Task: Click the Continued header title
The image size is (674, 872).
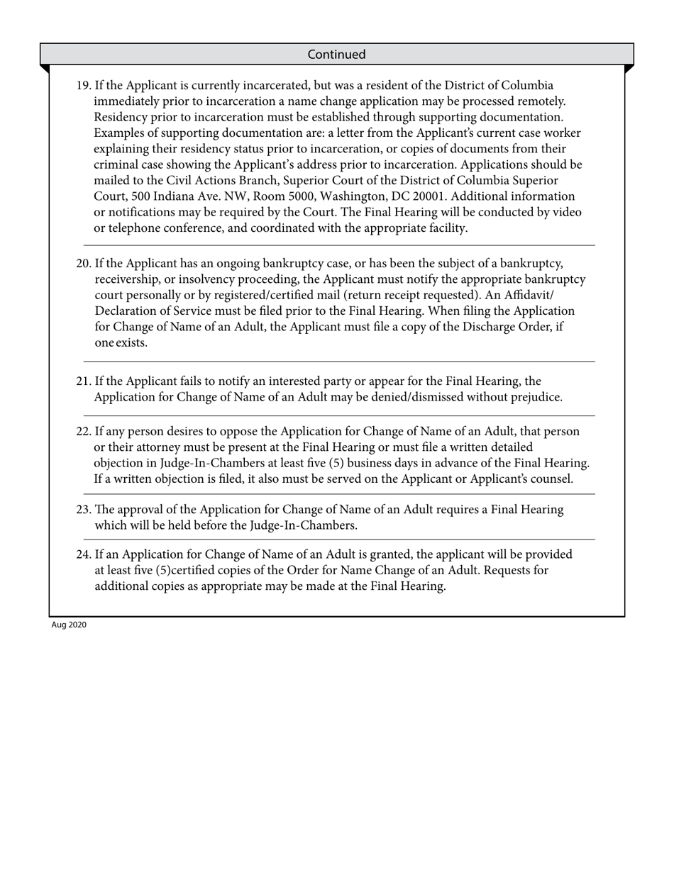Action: pos(337,55)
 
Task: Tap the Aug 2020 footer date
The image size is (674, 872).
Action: pos(69,625)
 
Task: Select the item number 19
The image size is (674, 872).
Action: pos(83,86)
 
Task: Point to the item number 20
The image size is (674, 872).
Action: pos(84,264)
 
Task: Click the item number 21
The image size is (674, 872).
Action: pos(84,381)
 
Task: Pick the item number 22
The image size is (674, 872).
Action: pos(84,431)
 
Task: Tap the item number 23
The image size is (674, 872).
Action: pos(84,510)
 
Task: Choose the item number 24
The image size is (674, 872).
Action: pos(84,554)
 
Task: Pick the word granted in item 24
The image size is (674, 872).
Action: pos(390,554)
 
